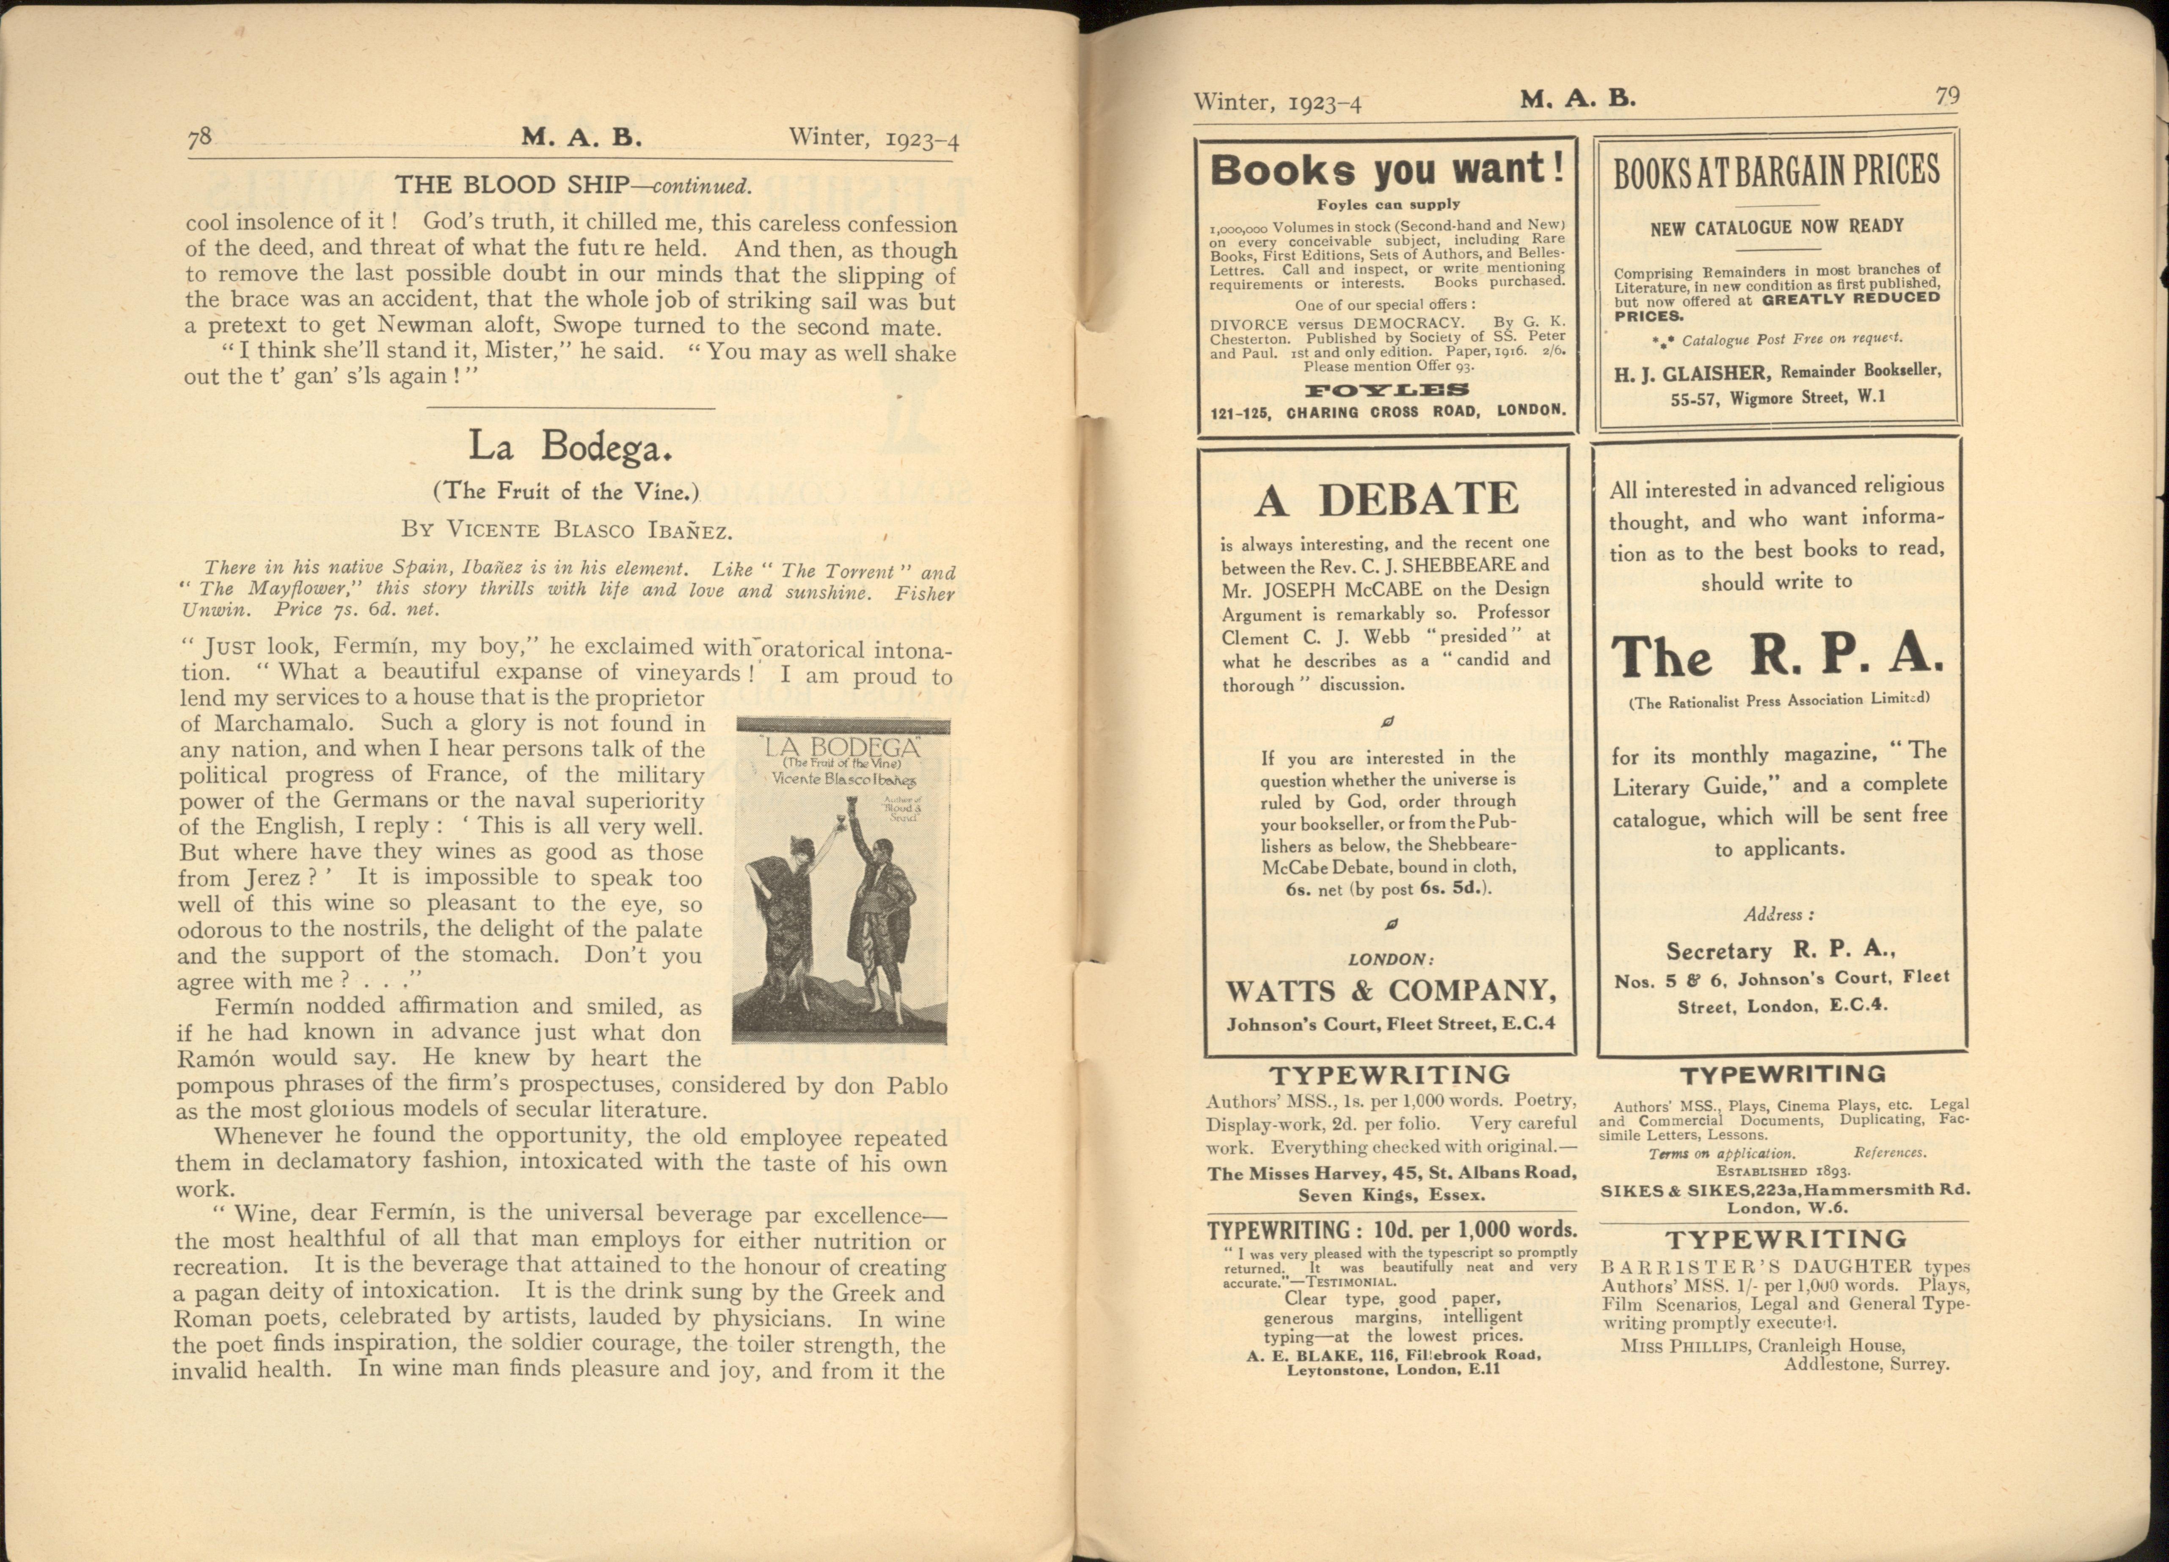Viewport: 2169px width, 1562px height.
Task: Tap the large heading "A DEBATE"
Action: pos(1387,499)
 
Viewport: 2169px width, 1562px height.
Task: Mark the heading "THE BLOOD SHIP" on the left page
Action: pos(512,185)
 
